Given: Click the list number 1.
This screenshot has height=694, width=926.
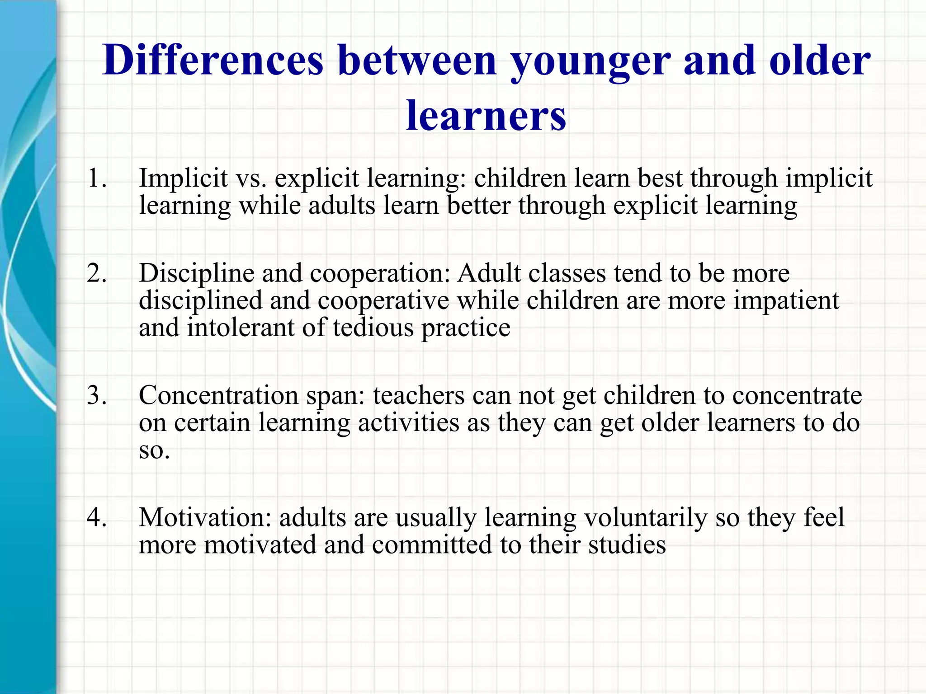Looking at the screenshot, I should (x=97, y=178).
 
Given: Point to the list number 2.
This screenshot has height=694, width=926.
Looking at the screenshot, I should (x=97, y=273).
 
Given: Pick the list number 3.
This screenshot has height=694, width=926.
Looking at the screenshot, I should (x=97, y=395).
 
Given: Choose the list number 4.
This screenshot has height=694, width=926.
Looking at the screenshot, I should (x=97, y=517).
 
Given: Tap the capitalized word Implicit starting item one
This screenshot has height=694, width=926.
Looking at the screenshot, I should (x=183, y=178).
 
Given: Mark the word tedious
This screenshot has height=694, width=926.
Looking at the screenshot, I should (x=373, y=328).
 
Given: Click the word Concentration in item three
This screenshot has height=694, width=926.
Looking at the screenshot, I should (x=218, y=395).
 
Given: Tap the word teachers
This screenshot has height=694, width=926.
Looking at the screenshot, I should (x=418, y=395).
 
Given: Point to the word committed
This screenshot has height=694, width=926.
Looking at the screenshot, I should (x=432, y=544).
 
